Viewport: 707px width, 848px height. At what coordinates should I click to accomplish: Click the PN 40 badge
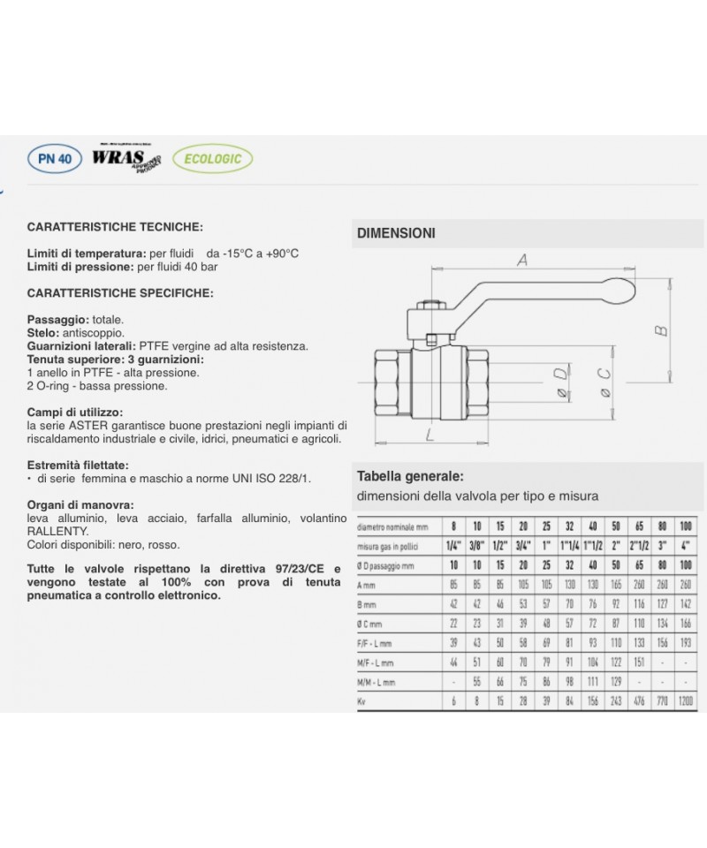tap(55, 160)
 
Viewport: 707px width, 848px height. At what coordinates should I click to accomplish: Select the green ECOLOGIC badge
tap(212, 160)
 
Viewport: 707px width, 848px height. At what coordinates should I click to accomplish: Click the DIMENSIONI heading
tap(396, 233)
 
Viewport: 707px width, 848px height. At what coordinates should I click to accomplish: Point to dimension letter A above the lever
tap(521, 260)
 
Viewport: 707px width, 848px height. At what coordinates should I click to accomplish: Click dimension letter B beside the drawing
tap(658, 330)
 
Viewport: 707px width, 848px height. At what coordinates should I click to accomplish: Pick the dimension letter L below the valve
tap(428, 435)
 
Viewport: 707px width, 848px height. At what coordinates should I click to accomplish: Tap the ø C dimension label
tap(604, 386)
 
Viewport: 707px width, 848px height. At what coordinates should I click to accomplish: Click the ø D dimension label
tap(560, 385)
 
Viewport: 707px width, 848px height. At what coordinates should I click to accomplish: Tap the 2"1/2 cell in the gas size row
tap(639, 545)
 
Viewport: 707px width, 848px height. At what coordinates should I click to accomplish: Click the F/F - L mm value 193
tap(686, 643)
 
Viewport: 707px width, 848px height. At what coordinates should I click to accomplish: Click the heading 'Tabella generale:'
tap(409, 476)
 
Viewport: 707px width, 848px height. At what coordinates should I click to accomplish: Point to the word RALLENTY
tap(57, 531)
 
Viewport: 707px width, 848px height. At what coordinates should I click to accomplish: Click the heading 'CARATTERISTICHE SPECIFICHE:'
tap(120, 291)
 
